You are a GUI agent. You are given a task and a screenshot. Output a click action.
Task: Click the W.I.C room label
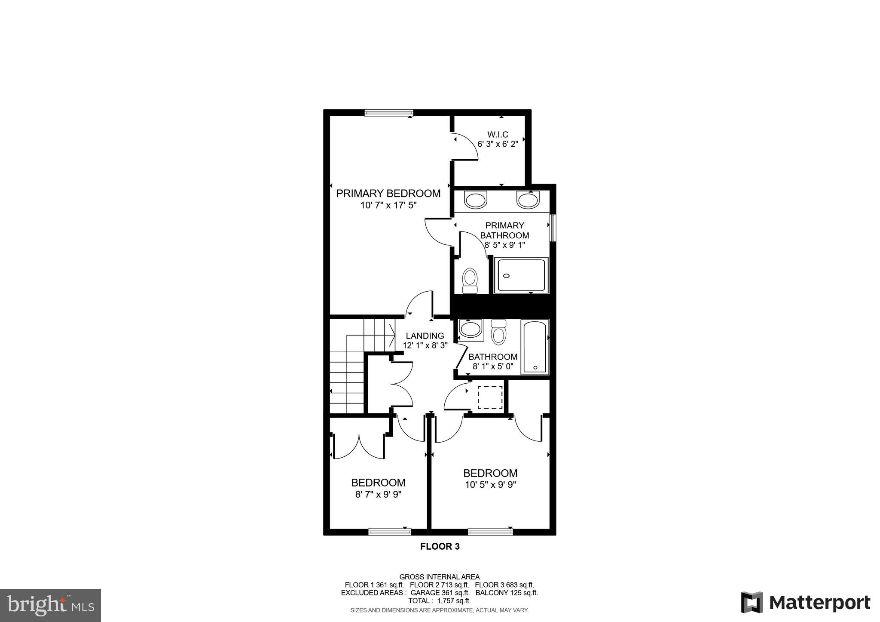pos(498,135)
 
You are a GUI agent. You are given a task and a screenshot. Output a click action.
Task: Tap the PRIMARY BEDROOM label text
pos(388,194)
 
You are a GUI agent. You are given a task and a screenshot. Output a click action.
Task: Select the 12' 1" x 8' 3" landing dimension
pos(425,345)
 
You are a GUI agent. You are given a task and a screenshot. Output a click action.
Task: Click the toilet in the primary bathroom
pos(470,280)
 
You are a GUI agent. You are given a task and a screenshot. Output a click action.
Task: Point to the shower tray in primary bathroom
pos(521,275)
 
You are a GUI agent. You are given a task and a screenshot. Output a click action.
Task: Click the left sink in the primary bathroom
pos(476,200)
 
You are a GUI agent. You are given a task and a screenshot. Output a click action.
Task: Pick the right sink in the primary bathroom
pos(528,200)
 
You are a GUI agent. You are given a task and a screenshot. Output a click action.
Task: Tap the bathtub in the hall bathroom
pos(535,347)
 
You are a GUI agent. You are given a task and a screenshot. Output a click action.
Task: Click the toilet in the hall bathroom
pos(499,332)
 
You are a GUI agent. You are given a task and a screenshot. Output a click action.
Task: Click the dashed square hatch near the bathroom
pos(490,397)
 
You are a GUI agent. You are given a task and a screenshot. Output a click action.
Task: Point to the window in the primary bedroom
pos(388,113)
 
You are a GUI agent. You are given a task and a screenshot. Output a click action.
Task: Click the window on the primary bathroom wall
pos(553,228)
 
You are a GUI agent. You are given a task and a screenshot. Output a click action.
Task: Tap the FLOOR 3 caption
pos(440,547)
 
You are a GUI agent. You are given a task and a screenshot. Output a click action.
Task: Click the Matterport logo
pos(806,603)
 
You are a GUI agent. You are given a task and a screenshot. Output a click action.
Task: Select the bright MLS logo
pos(51,606)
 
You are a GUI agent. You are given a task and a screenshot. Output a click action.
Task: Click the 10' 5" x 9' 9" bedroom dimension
pos(490,485)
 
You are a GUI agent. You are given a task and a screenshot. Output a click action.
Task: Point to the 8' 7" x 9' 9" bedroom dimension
pos(378,495)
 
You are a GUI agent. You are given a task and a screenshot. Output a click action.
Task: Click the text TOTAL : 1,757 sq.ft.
pos(439,601)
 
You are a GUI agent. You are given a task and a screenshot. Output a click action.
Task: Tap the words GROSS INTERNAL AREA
pos(439,577)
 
